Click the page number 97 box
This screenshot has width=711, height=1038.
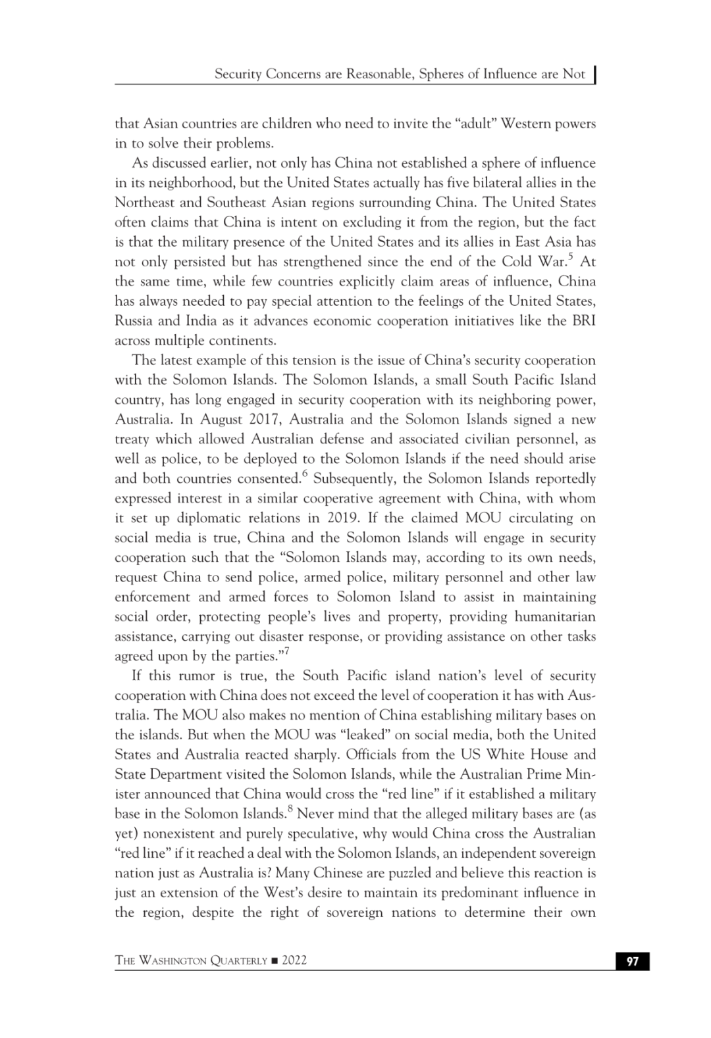pos(632,961)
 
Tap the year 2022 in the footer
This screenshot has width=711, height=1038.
pos(294,960)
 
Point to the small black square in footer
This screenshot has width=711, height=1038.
pos(274,961)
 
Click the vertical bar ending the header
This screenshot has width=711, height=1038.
pos(594,74)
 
